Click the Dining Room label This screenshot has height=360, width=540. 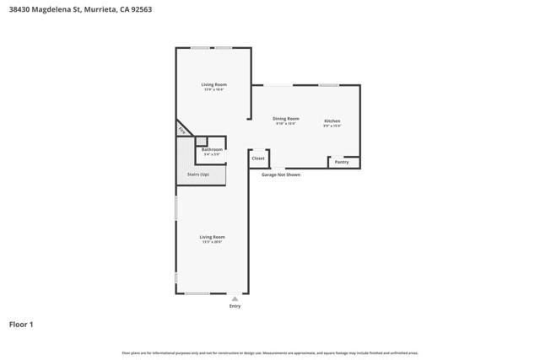click(x=286, y=119)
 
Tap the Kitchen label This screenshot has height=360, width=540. click(x=332, y=121)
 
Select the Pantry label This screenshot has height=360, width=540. click(x=342, y=162)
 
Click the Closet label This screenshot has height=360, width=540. click(x=258, y=159)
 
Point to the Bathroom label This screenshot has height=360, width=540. click(x=212, y=149)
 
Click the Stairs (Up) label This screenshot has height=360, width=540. click(x=198, y=175)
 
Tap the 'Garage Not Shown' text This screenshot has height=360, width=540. click(x=280, y=175)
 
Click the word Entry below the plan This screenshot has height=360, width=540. click(x=235, y=306)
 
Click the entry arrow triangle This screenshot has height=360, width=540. click(x=235, y=298)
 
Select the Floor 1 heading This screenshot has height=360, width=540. click(x=21, y=324)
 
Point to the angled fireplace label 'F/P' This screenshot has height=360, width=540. click(x=181, y=130)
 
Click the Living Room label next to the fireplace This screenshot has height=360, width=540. click(x=213, y=84)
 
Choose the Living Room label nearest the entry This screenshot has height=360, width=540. click(x=212, y=237)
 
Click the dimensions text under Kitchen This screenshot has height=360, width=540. click(x=332, y=126)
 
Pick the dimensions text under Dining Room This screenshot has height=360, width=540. click(x=286, y=124)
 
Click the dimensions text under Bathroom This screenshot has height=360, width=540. click(x=212, y=154)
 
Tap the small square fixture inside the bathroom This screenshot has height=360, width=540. click(x=201, y=141)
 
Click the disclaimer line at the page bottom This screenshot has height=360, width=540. click(x=270, y=353)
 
